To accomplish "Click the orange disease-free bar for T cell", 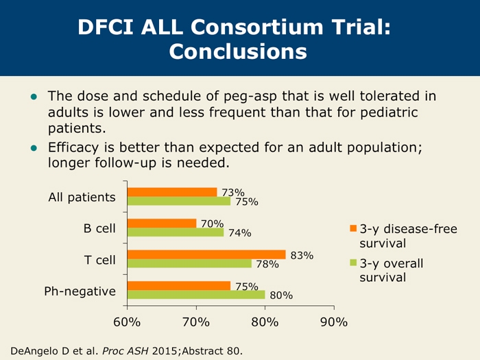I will pyautogui.click(x=206, y=254).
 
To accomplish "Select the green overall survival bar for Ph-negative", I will pyautogui.click(x=195, y=295).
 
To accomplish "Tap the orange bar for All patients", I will pyautogui.click(x=171, y=192).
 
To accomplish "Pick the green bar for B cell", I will pyautogui.click(x=175, y=232).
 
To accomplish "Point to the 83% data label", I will pyautogui.click(x=302, y=256).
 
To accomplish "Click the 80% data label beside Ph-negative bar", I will pyautogui.click(x=281, y=296).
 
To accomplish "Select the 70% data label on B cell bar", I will pyautogui.click(x=212, y=223).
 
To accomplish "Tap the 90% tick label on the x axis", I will pyautogui.click(x=334, y=321).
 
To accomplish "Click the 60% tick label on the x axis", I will pyautogui.click(x=127, y=321).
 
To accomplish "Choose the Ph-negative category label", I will pyautogui.click(x=80, y=291).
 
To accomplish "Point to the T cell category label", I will pyautogui.click(x=99, y=260).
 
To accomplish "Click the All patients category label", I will pyautogui.click(x=82, y=197).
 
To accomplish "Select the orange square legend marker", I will pyautogui.click(x=353, y=229).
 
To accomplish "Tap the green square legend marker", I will pyautogui.click(x=353, y=263).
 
